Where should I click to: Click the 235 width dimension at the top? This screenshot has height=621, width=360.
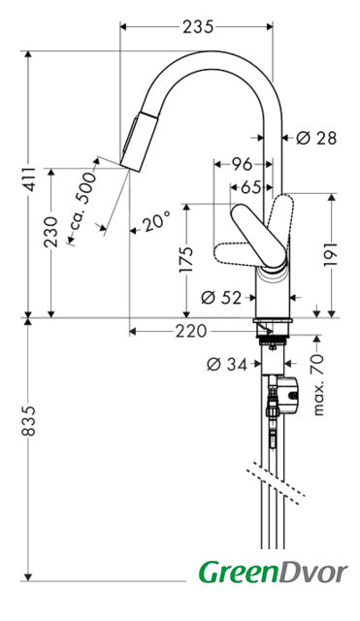[198, 27]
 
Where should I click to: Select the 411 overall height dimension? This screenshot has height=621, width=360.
[28, 180]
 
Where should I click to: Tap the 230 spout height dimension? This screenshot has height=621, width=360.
[51, 232]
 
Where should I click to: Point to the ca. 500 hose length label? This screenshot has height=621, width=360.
[82, 206]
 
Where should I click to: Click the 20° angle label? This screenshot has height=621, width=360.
[157, 221]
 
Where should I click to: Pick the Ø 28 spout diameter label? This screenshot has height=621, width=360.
[316, 138]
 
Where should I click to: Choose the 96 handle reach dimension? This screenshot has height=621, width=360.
[242, 164]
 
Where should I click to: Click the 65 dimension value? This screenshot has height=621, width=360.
[251, 187]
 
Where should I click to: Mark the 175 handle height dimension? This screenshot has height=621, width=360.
[185, 259]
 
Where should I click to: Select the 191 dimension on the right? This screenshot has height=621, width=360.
[332, 254]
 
